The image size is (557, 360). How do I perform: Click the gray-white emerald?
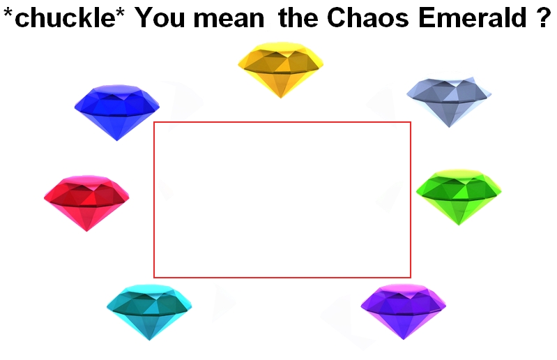point(449,99)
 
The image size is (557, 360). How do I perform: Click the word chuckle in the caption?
point(65,17)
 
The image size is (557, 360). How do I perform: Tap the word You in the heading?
point(160,17)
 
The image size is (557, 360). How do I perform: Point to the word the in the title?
point(298,17)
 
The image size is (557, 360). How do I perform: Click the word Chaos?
point(367,17)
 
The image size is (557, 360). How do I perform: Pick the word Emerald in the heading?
point(473,17)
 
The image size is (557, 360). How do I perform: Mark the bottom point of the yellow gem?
point(281,98)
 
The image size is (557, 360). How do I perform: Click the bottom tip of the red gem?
point(86,232)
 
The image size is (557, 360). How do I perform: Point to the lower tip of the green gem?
point(459,225)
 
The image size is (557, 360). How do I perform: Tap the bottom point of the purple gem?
point(404,340)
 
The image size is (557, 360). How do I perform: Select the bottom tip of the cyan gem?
point(149,340)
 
